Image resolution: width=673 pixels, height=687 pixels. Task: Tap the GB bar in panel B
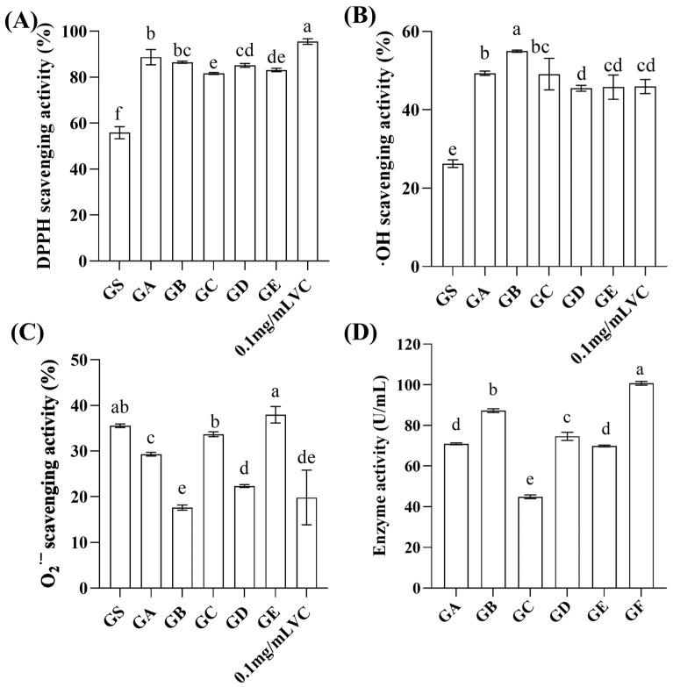(x=516, y=159)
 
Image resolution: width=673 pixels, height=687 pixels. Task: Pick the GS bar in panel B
(x=453, y=215)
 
